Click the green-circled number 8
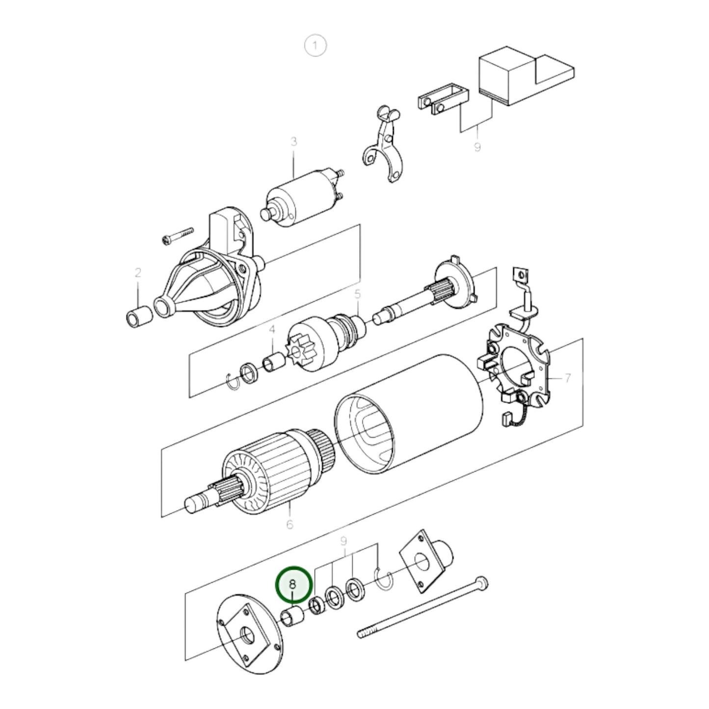coord(293,584)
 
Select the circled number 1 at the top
coord(315,46)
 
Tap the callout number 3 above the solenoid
coord(293,142)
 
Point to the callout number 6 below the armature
coord(289,524)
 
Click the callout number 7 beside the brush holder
coord(567,378)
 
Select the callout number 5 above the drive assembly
coord(357,294)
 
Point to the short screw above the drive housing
coord(177,236)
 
